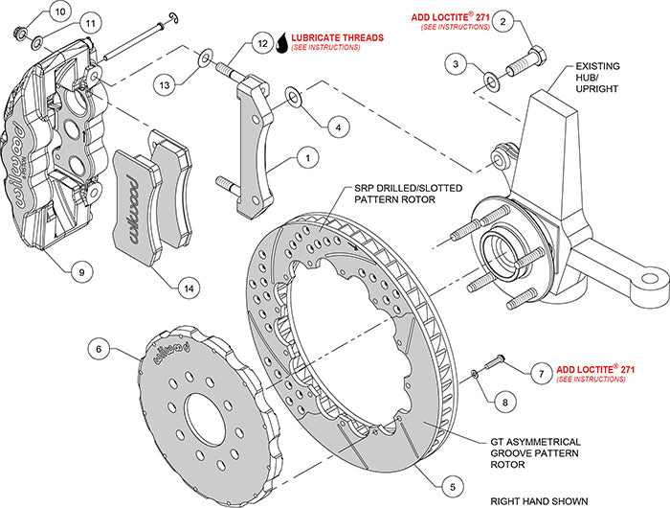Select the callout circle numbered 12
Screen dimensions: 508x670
tap(262, 44)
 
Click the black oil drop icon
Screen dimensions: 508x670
tap(281, 43)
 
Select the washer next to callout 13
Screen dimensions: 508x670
tap(203, 61)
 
